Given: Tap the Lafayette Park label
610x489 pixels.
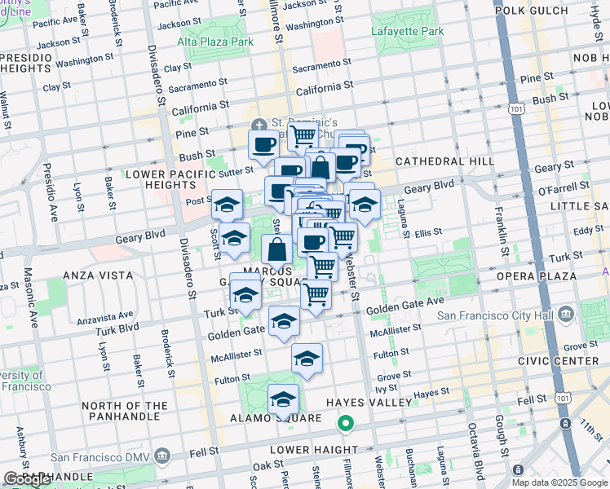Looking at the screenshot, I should (408, 32).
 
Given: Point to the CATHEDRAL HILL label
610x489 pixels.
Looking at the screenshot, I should (444, 161).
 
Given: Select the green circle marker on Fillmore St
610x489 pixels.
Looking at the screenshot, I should (346, 423).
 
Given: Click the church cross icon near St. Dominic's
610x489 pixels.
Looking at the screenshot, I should (259, 125).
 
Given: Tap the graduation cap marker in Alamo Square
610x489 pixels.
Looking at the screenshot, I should (283, 399).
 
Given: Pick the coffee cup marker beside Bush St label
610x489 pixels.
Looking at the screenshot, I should (263, 145).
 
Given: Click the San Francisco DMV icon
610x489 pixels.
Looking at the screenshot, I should (161, 455).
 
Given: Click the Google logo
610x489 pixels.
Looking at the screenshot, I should (27, 479).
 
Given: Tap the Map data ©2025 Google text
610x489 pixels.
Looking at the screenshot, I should (559, 482).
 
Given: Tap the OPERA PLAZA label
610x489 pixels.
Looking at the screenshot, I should (530, 276).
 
